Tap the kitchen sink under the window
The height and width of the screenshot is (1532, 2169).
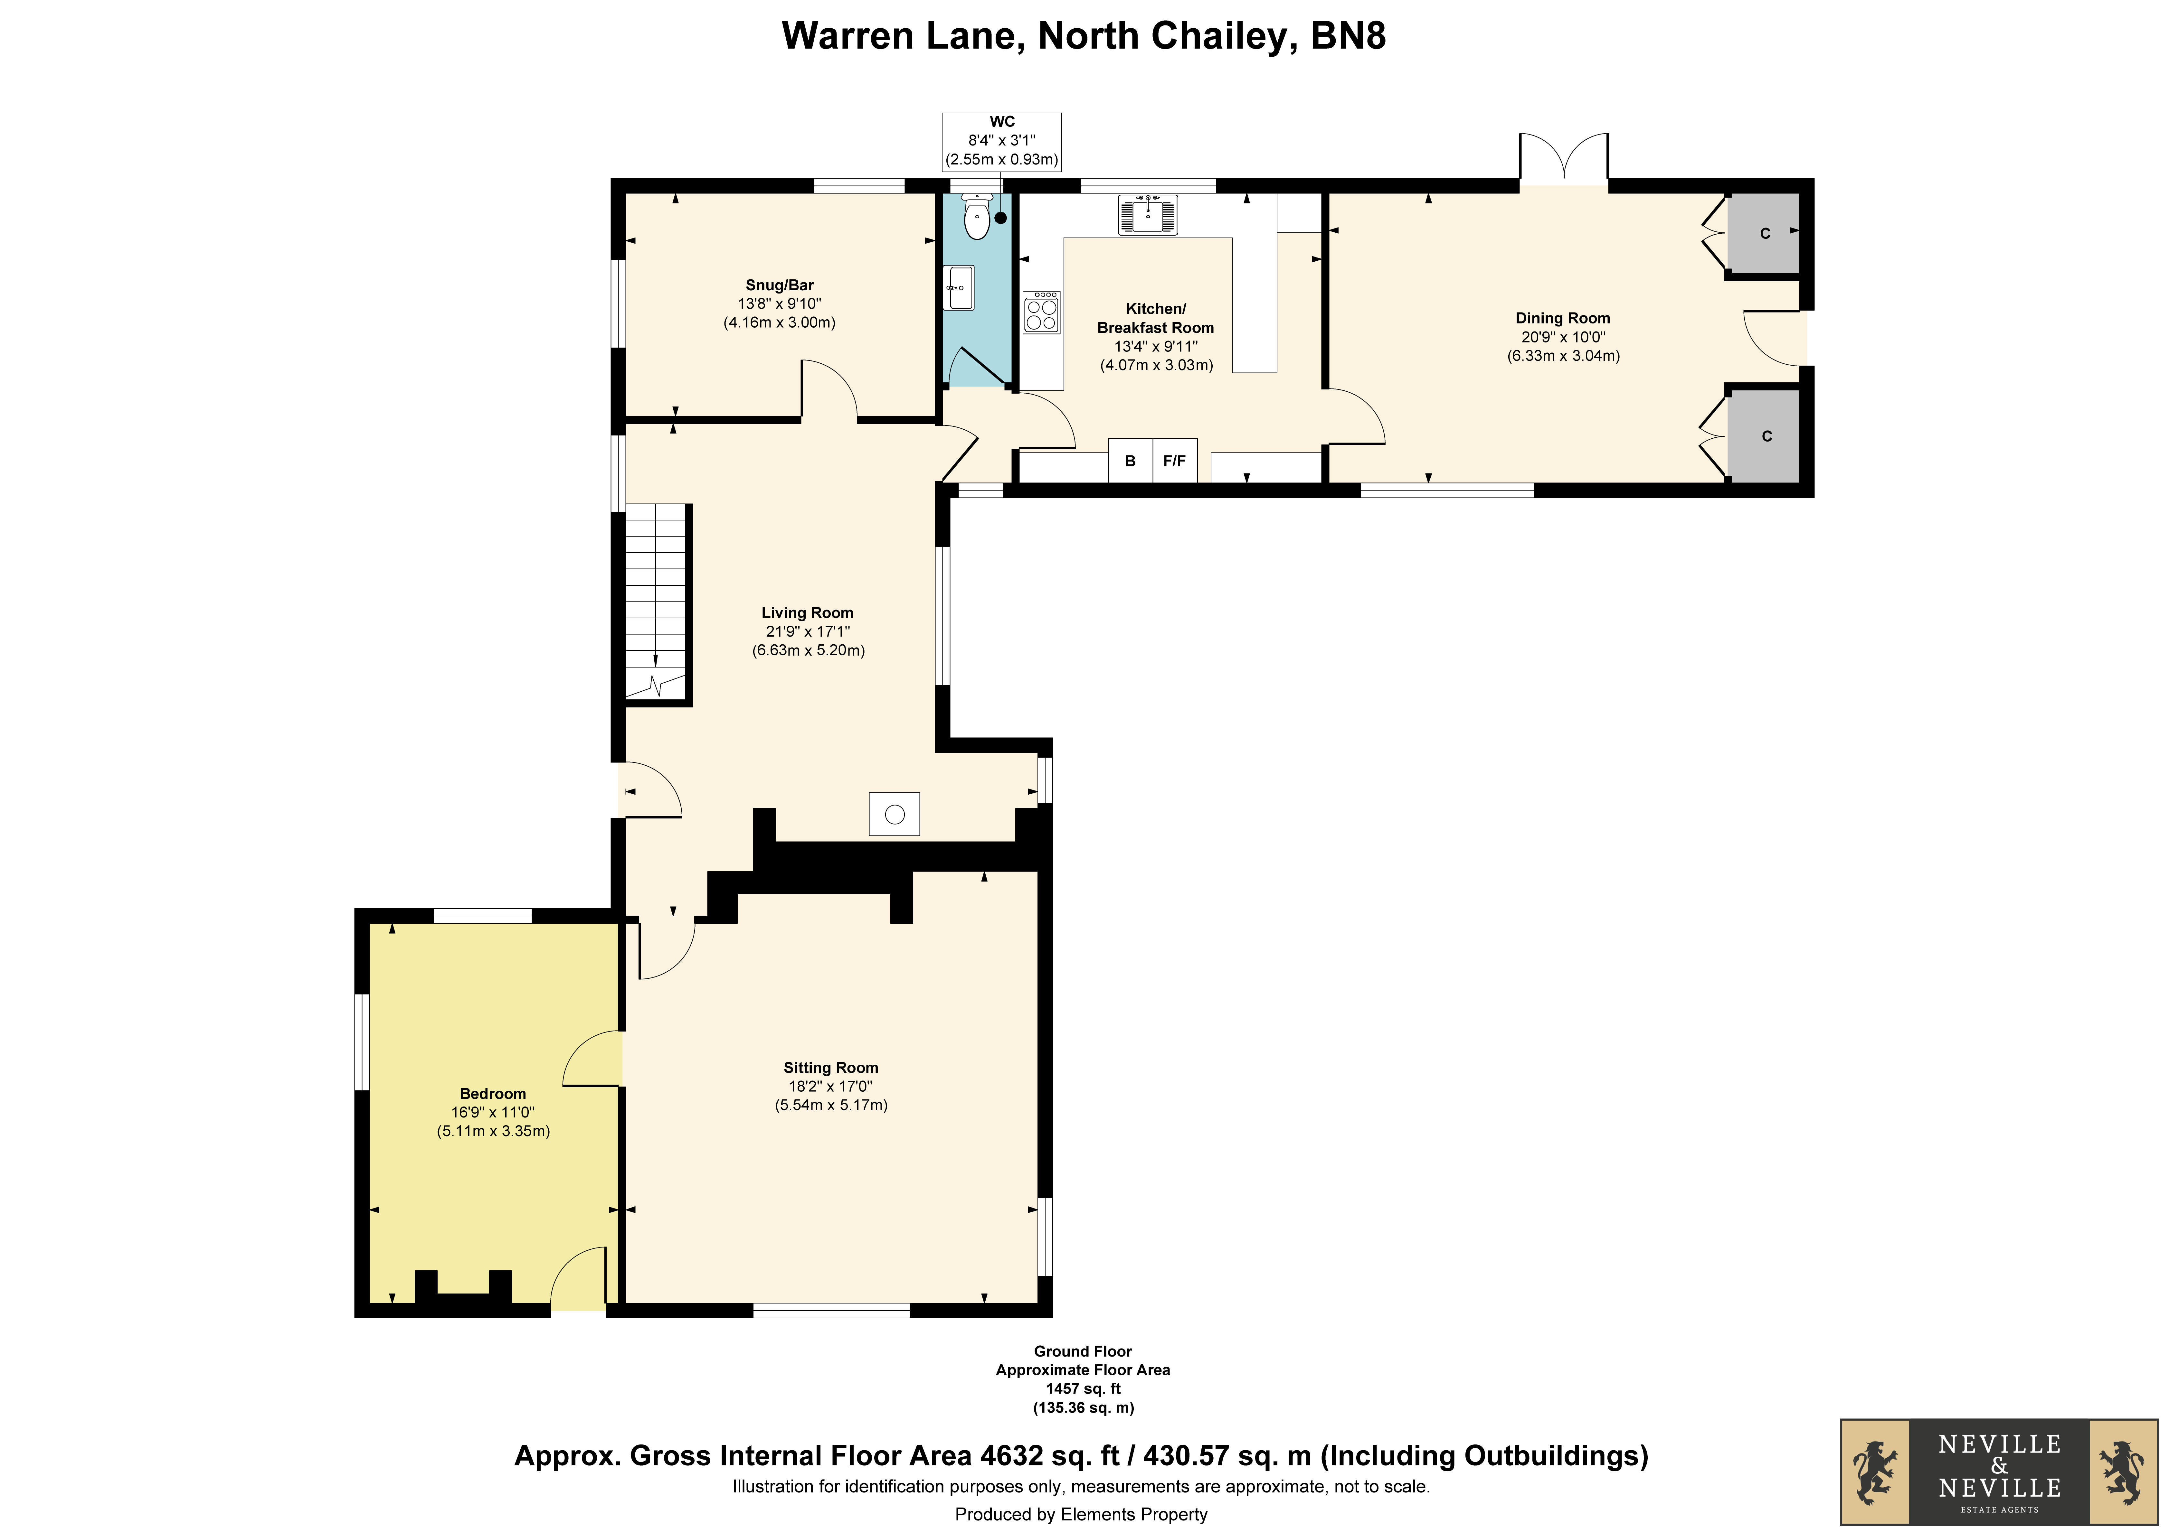[1148, 214]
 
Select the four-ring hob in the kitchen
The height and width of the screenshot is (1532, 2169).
[1041, 312]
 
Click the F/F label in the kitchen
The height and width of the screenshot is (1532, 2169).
[1174, 461]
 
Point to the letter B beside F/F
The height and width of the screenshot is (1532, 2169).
[1130, 461]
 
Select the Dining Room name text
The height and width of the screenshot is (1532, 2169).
[1563, 318]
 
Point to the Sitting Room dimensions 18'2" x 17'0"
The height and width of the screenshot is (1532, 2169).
[830, 1086]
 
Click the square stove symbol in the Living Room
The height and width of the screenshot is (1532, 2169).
[894, 813]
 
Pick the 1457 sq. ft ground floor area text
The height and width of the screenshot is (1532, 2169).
[1083, 1388]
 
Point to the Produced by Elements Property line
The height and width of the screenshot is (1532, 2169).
[1081, 1514]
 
